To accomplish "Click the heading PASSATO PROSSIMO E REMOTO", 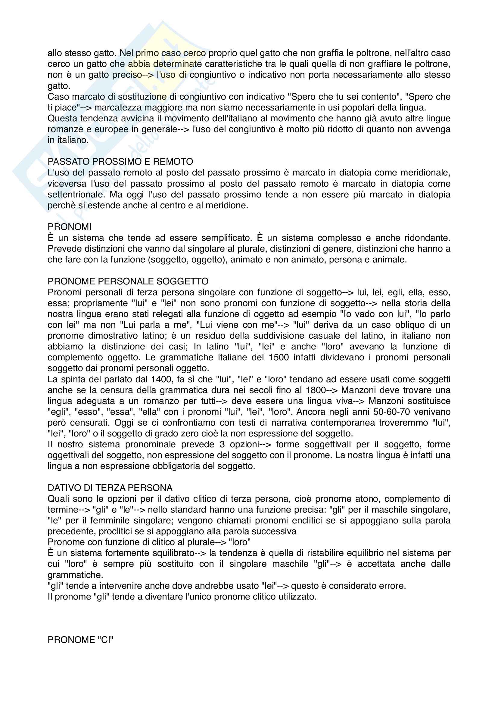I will coord(120,162).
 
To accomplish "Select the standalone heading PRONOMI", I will coord(70,227).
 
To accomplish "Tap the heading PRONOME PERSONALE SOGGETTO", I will coord(128,281).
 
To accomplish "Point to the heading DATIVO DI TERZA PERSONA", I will coord(110,488).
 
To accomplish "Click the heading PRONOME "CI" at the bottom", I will coord(80,640).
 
